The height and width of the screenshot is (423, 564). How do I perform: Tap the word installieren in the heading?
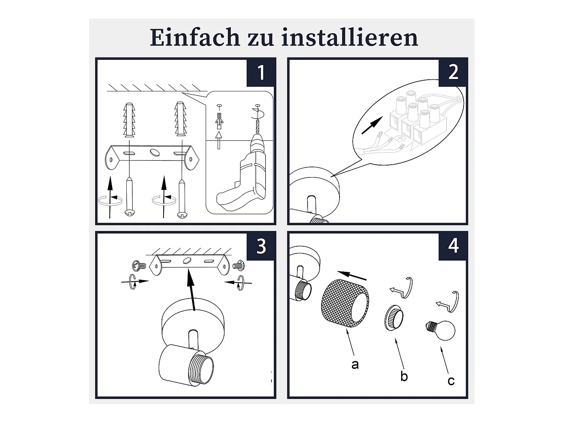pos(350,37)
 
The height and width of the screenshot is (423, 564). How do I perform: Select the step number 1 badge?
pos(260,72)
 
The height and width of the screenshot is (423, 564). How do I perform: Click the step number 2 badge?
pos(452,72)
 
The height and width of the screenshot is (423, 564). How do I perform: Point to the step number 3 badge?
pos(260,246)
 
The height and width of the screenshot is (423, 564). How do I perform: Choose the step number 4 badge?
pos(452,246)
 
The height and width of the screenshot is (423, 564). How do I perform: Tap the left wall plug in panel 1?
pos(129,120)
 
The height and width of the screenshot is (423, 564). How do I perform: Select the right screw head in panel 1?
pos(182,214)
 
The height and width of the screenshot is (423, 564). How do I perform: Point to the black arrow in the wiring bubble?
pos(372,125)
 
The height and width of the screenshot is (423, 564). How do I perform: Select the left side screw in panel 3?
pos(139,265)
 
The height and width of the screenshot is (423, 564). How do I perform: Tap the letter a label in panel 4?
pos(355,364)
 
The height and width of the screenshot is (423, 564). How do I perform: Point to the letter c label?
pos(451,381)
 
